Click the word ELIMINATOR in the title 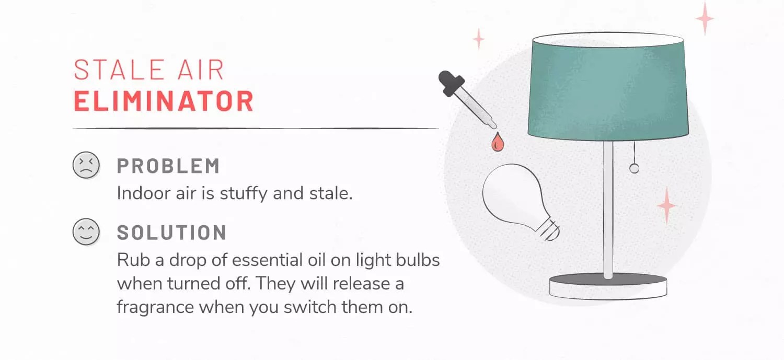point(164,101)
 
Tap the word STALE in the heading point(119,70)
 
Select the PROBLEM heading point(168,166)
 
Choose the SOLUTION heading point(171,233)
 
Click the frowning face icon point(86,165)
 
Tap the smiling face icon point(86,231)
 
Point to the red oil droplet point(498,143)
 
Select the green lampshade point(608,87)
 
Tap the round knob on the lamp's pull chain point(634,169)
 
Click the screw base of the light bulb point(549,230)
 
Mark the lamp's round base point(608,287)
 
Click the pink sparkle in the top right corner point(705,18)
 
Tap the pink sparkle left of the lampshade point(478,39)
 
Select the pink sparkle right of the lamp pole point(666,205)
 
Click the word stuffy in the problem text point(244,193)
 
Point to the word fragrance point(155,308)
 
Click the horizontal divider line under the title point(256,129)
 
